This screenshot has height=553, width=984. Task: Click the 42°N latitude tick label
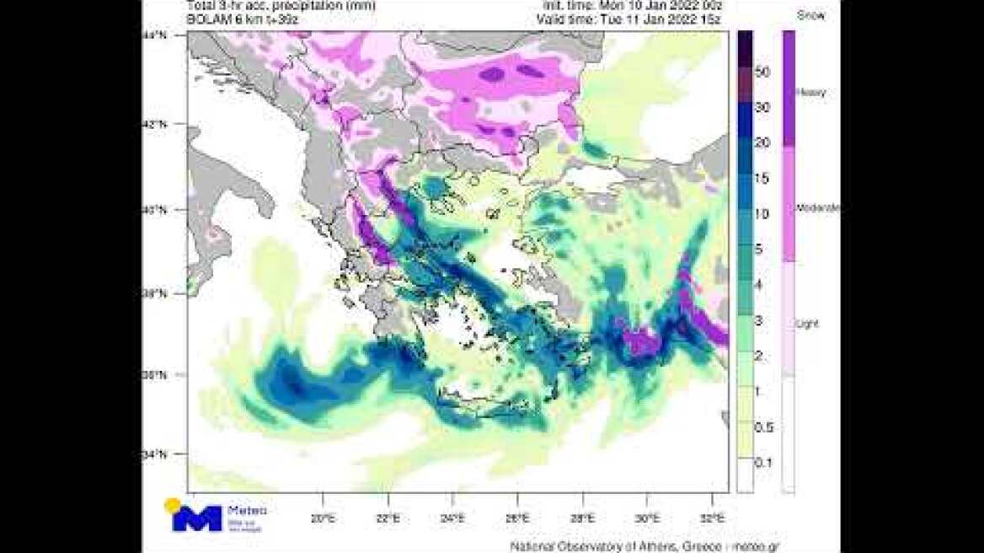point(154,124)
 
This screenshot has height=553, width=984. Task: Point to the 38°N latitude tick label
point(154,294)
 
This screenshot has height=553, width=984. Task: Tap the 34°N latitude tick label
point(154,455)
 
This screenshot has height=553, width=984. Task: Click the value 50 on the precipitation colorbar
point(763,73)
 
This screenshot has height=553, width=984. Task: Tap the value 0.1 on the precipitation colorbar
point(763,463)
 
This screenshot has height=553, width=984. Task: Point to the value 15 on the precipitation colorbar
point(763,178)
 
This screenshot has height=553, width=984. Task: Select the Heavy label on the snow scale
point(811,93)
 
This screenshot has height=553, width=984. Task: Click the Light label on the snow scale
point(808,324)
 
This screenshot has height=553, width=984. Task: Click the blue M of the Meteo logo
point(197,518)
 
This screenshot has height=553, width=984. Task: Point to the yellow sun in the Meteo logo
point(173,506)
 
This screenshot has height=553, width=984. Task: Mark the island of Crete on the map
point(497,408)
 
